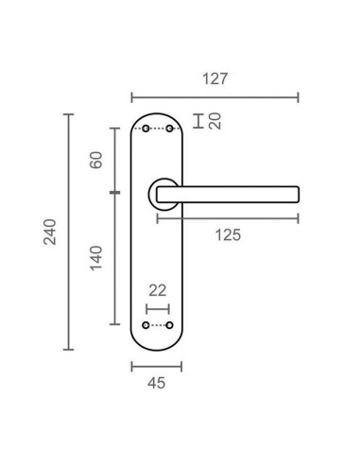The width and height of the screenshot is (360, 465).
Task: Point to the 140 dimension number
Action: (96, 255)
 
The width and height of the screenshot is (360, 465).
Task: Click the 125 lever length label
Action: (227, 234)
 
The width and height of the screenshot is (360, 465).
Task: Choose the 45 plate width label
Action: (156, 383)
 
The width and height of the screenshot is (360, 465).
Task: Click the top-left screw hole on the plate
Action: (145, 129)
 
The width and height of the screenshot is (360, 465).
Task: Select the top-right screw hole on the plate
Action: (170, 129)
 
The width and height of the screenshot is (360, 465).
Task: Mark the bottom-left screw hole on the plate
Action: (145, 326)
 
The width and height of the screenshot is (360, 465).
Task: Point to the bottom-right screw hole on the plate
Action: (170, 326)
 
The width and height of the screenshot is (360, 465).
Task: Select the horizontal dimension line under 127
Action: (214, 95)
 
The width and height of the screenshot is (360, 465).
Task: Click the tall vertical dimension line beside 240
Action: (68, 232)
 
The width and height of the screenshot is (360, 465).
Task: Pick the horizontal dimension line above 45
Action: (156, 366)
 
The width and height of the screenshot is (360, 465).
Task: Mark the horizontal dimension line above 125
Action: (227, 218)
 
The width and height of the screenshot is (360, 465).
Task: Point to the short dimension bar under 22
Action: (157, 308)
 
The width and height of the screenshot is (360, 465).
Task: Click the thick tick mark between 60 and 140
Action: (114, 193)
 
